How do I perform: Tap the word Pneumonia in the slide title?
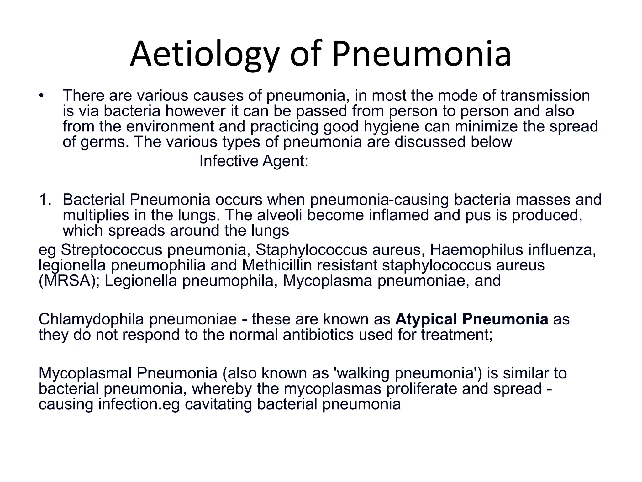[421, 54]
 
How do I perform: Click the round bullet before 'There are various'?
[41, 96]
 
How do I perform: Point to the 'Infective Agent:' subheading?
[254, 161]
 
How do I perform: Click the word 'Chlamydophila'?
[91, 319]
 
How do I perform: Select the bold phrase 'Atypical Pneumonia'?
[471, 319]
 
